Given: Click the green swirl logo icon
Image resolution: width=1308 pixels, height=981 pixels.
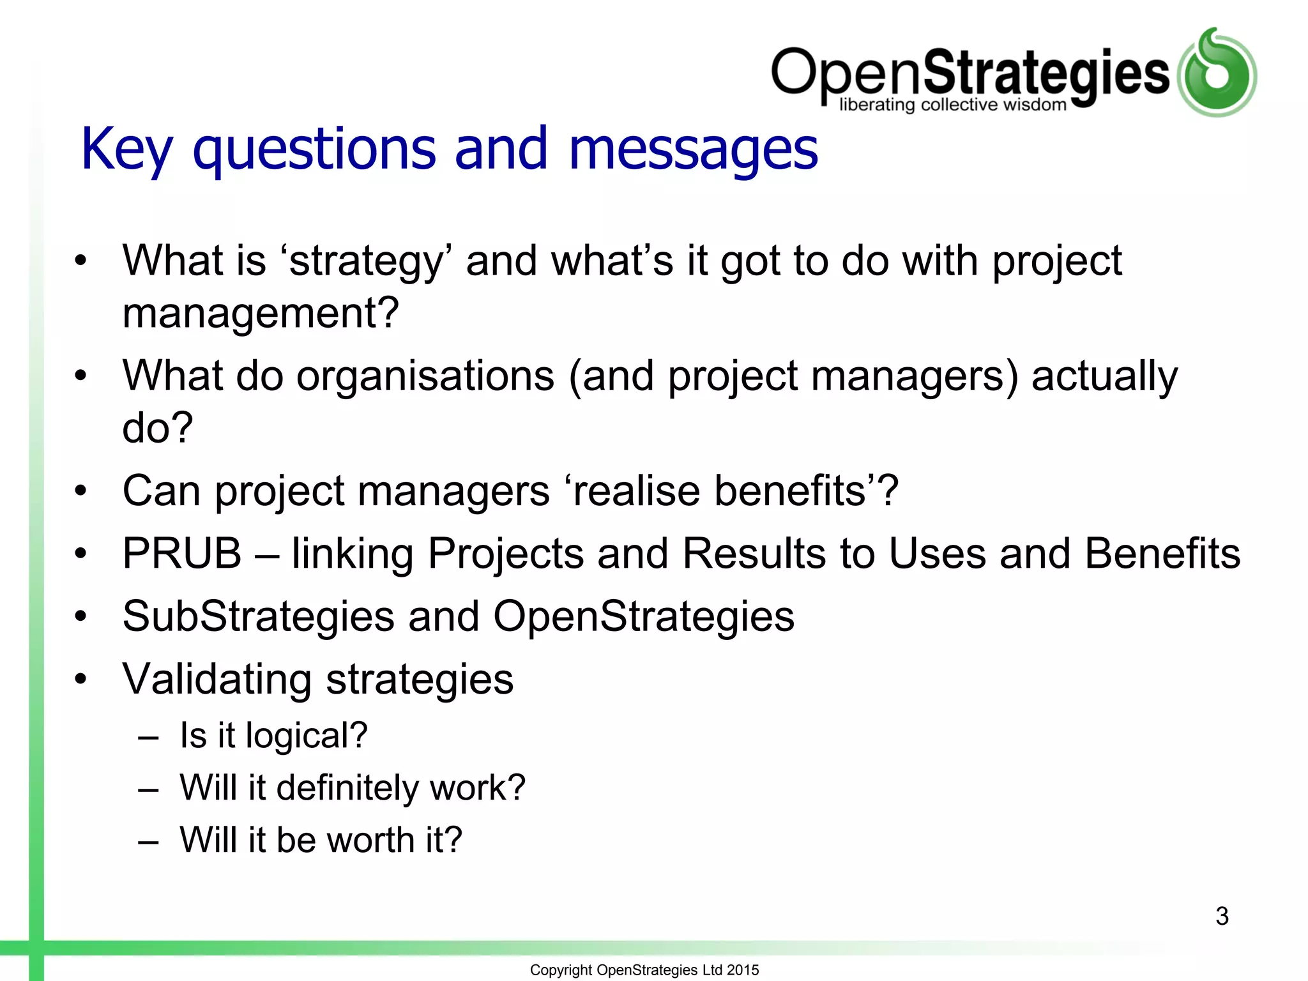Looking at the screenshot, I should click(x=1217, y=73).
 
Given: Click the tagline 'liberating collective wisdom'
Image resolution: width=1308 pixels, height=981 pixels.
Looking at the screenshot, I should click(x=952, y=105).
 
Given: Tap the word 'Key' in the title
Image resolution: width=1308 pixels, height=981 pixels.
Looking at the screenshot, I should click(x=126, y=150).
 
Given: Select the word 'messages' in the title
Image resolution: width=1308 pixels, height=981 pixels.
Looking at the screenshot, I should click(x=692, y=150).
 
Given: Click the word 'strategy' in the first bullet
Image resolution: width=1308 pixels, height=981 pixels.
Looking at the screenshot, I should click(x=365, y=262).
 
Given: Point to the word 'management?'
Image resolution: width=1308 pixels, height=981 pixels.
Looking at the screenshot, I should click(x=261, y=313).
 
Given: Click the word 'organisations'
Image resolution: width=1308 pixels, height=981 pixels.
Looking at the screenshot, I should click(x=425, y=376).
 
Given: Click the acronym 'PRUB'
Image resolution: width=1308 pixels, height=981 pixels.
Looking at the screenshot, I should click(x=182, y=553).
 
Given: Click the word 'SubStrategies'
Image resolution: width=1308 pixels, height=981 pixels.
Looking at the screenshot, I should click(x=259, y=616).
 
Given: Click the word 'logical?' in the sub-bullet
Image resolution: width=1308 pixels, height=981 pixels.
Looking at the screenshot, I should click(x=307, y=736).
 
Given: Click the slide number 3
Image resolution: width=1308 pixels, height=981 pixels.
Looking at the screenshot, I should click(x=1222, y=916).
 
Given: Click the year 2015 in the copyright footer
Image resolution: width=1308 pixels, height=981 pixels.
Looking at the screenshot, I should click(x=743, y=970).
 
